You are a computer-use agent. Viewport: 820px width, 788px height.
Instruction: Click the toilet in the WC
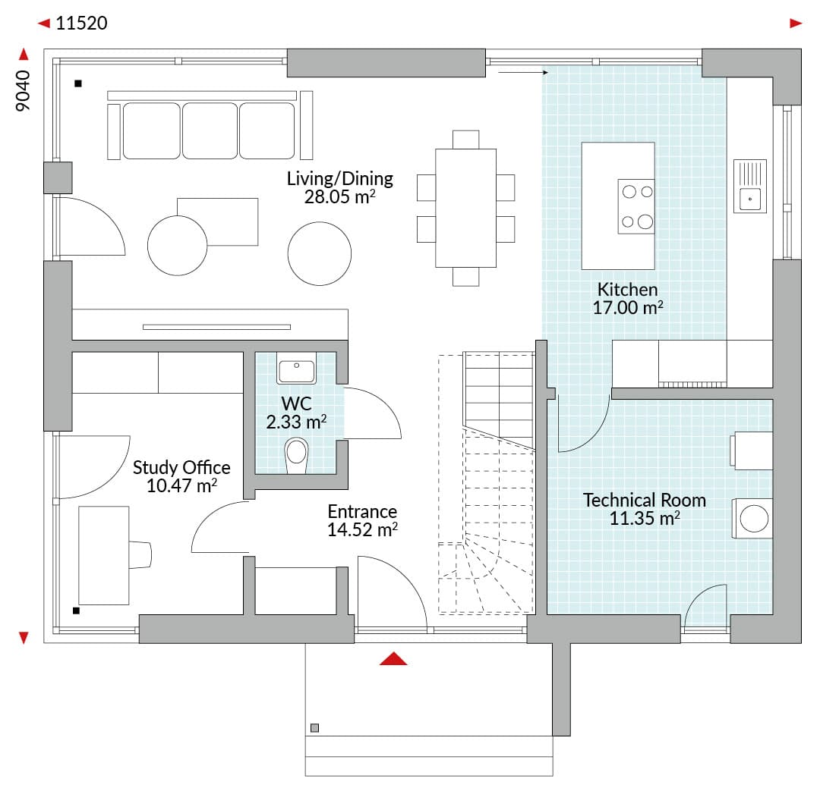[x=297, y=455]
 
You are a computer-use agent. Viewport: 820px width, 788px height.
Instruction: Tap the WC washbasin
[x=296, y=369]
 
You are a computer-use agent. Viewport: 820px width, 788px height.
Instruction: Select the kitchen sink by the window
[x=750, y=186]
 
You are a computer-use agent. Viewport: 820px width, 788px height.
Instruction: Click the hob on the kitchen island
[x=636, y=206]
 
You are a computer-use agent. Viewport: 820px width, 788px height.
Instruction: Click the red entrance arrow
[x=393, y=658]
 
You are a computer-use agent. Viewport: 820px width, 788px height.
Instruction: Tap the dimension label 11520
[x=81, y=23]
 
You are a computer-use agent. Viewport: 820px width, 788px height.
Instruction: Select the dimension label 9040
[x=23, y=90]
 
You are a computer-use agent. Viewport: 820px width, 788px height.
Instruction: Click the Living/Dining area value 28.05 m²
[x=340, y=197]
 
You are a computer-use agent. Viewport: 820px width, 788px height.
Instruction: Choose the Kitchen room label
[x=628, y=289]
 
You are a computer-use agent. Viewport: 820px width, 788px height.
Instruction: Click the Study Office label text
[x=181, y=467]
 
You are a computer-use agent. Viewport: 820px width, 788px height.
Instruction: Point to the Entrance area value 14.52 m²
[x=362, y=529]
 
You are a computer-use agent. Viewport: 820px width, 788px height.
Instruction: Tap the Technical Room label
[x=645, y=500]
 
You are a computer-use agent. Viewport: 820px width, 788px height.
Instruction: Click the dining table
[x=465, y=208]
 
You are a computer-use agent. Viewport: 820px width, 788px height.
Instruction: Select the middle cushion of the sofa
[x=210, y=130]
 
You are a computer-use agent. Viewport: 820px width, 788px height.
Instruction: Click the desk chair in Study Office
[x=140, y=555]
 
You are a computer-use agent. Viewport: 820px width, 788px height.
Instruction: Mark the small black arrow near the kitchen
[x=523, y=73]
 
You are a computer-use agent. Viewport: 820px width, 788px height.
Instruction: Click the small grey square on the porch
[x=314, y=728]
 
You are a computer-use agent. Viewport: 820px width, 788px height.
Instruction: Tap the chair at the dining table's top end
[x=465, y=140]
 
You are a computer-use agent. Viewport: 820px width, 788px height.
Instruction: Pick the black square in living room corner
[x=78, y=83]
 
